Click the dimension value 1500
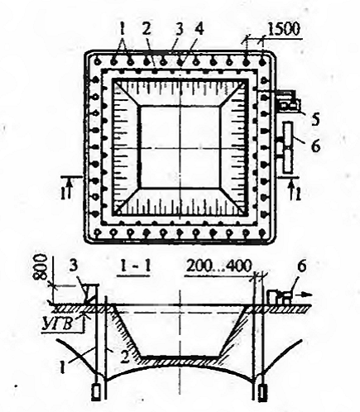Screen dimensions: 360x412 (284, 30)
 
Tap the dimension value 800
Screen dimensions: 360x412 (41, 267)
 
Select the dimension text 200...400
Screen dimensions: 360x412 (219, 266)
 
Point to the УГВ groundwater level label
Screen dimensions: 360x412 (58, 323)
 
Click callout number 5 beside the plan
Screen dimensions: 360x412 (314, 119)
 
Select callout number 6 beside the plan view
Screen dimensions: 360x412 (315, 146)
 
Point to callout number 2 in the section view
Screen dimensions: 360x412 (125, 357)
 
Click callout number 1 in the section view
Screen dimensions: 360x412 (63, 368)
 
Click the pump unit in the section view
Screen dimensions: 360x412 (280, 297)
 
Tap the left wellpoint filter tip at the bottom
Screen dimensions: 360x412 (96, 393)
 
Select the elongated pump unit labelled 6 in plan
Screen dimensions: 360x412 (288, 147)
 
